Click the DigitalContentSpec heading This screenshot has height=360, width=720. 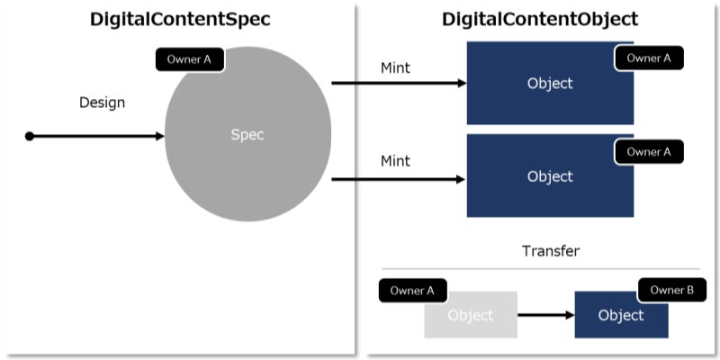click(180, 19)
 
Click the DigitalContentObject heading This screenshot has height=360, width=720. click(540, 19)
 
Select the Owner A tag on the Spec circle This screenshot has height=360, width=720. click(189, 60)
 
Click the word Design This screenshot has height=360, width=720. click(102, 103)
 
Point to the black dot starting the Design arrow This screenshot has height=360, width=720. click(30, 136)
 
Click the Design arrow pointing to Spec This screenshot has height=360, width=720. click(99, 136)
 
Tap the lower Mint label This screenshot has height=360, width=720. click(395, 161)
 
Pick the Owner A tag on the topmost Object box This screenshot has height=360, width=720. click(649, 58)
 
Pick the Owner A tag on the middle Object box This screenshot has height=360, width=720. click(649, 152)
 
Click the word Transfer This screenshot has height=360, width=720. click(550, 251)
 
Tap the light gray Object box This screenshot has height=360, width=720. click(470, 317)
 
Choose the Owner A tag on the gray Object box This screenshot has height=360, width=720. click(412, 291)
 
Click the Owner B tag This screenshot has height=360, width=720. click(672, 291)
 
